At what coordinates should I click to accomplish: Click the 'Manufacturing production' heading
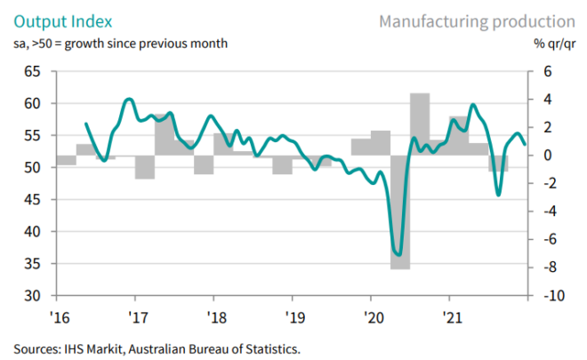click(x=476, y=20)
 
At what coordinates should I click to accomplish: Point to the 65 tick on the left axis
click(x=34, y=71)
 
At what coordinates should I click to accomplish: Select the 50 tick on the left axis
click(x=34, y=167)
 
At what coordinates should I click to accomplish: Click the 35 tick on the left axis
click(x=34, y=263)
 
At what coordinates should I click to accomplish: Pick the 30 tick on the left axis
click(x=34, y=295)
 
